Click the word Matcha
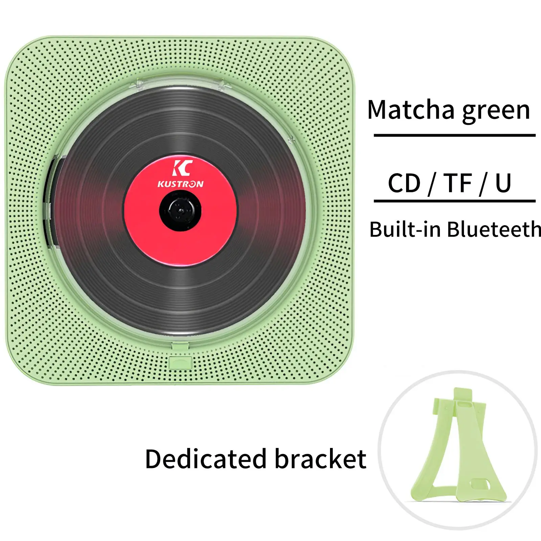(x=411, y=110)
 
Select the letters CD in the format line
(x=404, y=183)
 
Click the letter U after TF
(x=503, y=184)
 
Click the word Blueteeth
(x=494, y=229)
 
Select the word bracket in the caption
(x=321, y=459)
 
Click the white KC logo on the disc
(x=183, y=168)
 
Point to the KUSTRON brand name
(x=181, y=184)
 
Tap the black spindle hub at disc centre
(x=180, y=210)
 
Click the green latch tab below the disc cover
(x=180, y=362)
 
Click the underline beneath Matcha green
(x=454, y=135)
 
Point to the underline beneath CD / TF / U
(x=454, y=201)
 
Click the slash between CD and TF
(x=432, y=184)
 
